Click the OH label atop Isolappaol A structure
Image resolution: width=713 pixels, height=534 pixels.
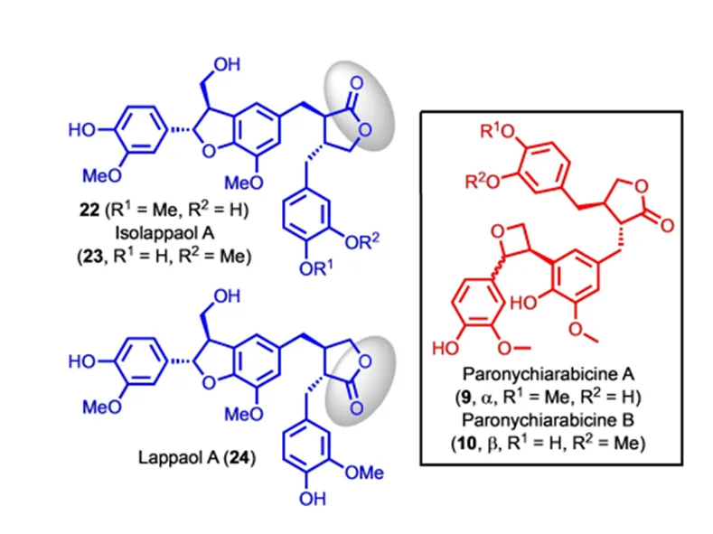(227, 64)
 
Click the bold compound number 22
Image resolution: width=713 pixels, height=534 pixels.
(89, 210)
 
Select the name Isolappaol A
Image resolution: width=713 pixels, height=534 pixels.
(164, 233)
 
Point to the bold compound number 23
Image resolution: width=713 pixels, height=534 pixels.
(93, 257)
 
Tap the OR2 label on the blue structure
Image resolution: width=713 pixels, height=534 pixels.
(362, 241)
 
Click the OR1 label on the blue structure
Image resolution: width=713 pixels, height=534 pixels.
(315, 268)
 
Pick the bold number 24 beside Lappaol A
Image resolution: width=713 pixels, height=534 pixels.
(239, 457)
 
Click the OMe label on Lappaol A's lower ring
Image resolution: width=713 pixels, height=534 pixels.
(364, 473)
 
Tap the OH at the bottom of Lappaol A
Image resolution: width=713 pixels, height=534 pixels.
(313, 500)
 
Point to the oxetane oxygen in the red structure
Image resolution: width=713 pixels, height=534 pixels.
(498, 231)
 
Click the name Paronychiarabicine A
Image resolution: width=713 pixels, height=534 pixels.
(548, 374)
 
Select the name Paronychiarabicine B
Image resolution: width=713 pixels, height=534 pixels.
(548, 420)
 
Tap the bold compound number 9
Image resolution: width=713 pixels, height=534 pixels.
(465, 398)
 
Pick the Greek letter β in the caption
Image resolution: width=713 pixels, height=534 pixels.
(493, 444)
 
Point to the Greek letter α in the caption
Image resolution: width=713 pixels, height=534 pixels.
(486, 398)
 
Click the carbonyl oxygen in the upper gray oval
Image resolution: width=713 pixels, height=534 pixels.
(356, 84)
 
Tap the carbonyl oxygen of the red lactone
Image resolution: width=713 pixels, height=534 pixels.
(667, 226)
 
